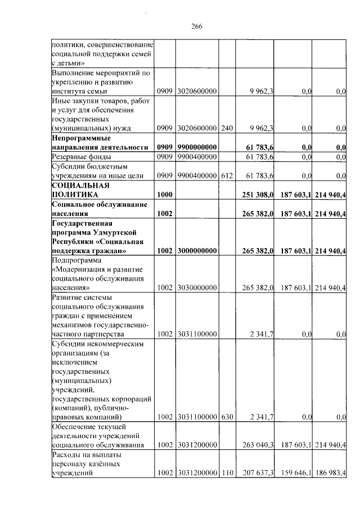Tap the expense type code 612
226,176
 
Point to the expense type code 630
226,417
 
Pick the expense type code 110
226,473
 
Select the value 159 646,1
294,473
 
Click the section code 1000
165,194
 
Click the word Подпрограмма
75,260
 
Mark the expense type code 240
226,128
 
